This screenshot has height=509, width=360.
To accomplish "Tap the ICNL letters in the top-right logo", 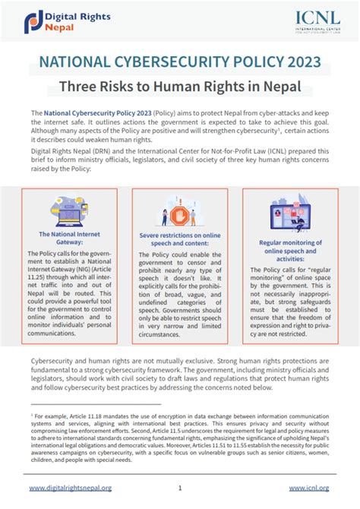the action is pos(313,17).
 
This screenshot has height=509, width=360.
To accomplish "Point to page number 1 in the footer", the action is pos(180,488).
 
